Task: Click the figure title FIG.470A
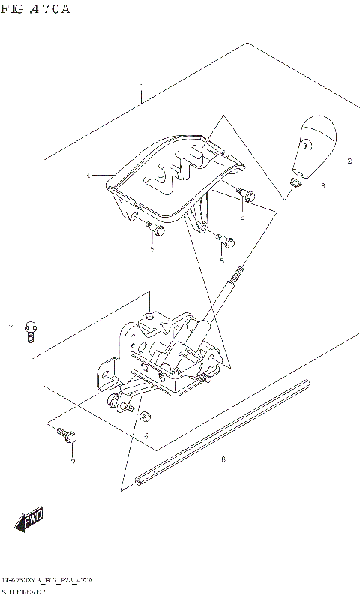coord(35,9)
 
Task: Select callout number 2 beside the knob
coord(349,161)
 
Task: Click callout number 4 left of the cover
coord(88,175)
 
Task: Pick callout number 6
coord(146,435)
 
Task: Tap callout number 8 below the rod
coord(223,458)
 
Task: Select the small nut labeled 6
coord(145,415)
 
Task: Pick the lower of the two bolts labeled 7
coord(64,433)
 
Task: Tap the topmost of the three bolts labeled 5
coord(247,194)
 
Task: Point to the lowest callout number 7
coord(73,462)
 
